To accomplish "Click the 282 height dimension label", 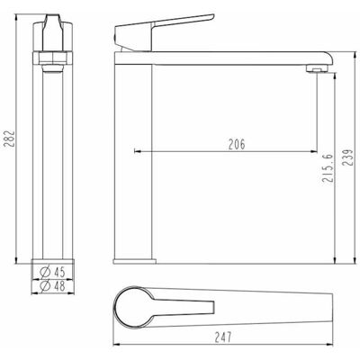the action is pos(10,139).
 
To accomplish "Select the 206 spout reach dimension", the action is pos(237,144).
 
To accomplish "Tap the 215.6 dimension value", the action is pos(327,167).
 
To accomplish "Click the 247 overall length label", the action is pos(223,337).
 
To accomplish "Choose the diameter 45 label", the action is pos(52,272).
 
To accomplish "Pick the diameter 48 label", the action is pos(52,286).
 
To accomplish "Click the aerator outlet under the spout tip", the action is pos(317,69).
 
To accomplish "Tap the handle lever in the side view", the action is pos(165,32).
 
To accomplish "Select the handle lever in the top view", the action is pos(183,307).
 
